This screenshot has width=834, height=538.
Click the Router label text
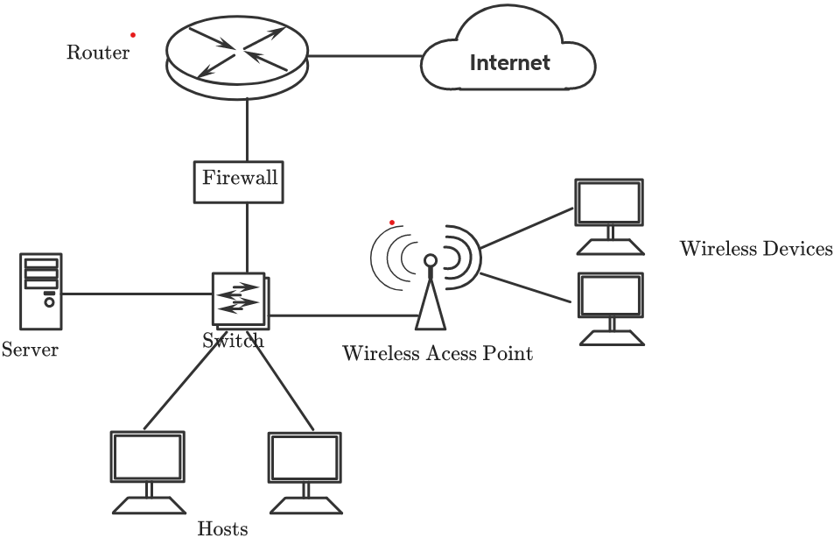point(98,53)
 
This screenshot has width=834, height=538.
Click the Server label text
point(30,350)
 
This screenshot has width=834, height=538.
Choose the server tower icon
point(41,290)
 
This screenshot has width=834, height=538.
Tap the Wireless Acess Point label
point(437,354)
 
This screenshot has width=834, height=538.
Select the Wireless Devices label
point(756,250)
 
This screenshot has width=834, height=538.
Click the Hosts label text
point(222,528)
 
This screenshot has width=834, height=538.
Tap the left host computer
point(147,471)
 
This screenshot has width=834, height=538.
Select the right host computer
point(305,471)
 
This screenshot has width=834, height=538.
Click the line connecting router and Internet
point(364,56)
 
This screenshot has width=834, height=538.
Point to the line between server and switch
point(136,294)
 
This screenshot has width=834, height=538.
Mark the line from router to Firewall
point(248,130)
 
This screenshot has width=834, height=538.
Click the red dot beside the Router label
point(133,35)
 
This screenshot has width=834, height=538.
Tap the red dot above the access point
point(392,222)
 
